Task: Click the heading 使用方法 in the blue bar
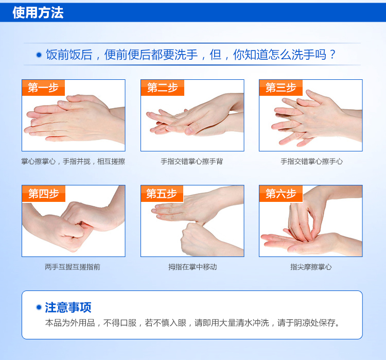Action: click(x=38, y=12)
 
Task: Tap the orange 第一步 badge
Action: click(x=43, y=88)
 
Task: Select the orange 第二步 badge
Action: click(x=163, y=88)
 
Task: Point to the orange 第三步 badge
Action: click(x=281, y=88)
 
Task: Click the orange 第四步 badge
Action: click(x=44, y=194)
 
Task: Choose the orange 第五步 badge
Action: click(x=162, y=194)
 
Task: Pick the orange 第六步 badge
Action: click(x=281, y=194)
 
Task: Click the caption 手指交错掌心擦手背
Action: click(x=192, y=161)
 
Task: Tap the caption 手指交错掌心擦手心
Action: click(x=311, y=161)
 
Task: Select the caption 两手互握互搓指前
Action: click(x=73, y=267)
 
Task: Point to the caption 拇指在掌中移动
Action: click(x=192, y=267)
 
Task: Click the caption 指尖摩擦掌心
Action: click(x=311, y=267)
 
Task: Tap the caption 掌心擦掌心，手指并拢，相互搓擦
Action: click(x=73, y=161)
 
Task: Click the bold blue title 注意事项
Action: click(x=68, y=307)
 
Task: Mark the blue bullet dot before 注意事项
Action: click(x=39, y=307)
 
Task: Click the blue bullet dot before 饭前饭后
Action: click(x=39, y=55)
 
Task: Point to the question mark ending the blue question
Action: click(x=333, y=55)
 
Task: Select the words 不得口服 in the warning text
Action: click(x=119, y=322)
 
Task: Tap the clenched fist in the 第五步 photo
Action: click(x=197, y=239)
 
